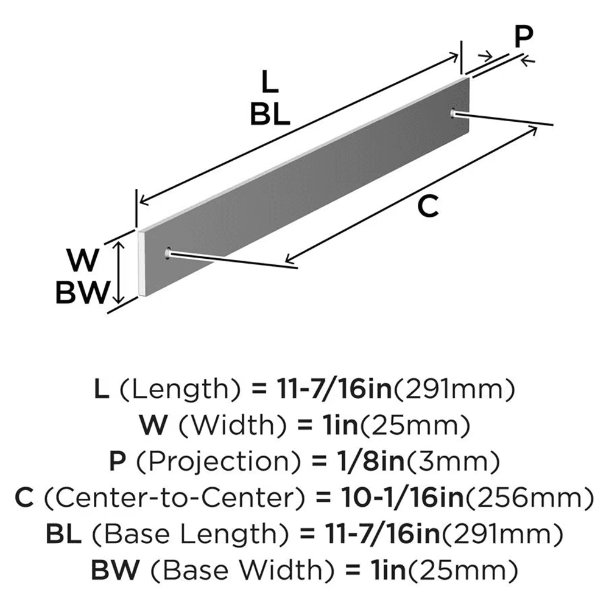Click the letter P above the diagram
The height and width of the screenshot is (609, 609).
click(x=522, y=38)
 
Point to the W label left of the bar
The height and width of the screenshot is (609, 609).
click(x=83, y=262)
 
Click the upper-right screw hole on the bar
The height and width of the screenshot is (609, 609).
click(x=454, y=113)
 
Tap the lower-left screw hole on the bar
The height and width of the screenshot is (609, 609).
click(x=167, y=252)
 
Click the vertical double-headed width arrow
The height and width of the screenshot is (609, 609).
click(x=120, y=270)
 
